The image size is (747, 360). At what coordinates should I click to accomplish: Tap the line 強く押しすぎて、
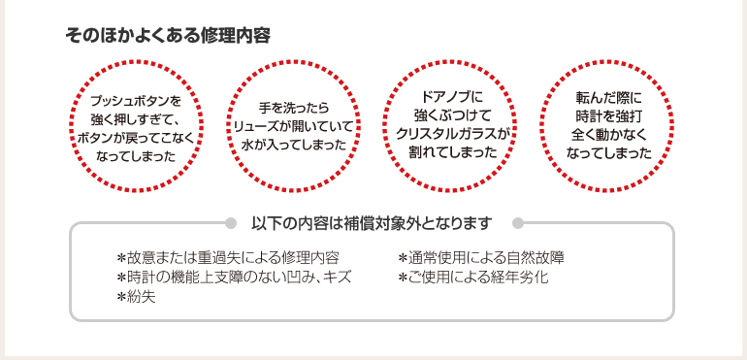tap(136, 118)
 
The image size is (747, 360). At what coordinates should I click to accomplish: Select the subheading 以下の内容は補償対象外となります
tap(373, 222)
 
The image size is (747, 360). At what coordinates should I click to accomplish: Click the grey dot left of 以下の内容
tap(230, 222)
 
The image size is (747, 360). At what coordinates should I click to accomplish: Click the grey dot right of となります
tap(517, 222)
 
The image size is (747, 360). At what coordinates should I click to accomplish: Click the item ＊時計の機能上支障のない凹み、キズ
tap(233, 278)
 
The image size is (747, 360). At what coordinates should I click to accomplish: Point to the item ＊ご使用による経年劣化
tap(473, 278)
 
